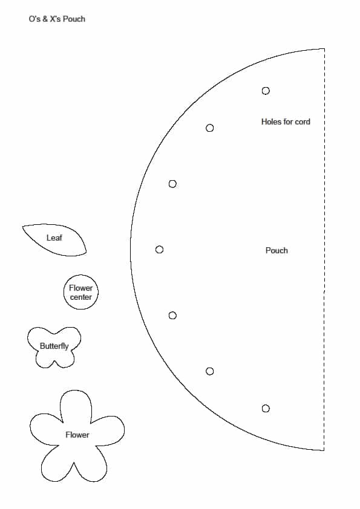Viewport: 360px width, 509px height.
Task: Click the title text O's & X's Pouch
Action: [x=57, y=19]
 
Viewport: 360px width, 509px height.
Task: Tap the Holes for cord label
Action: [x=286, y=122]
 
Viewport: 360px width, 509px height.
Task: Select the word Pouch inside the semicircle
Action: [x=277, y=250]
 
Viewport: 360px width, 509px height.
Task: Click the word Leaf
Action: [x=54, y=238]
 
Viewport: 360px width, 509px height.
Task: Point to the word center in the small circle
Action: [x=81, y=297]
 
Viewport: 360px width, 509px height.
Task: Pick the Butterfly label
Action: [x=54, y=346]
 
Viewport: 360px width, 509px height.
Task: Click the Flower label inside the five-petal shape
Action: [x=77, y=435]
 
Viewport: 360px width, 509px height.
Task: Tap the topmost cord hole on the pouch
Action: [x=266, y=91]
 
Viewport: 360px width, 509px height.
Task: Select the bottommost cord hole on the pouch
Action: [x=266, y=409]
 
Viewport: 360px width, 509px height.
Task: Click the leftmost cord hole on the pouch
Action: [x=159, y=250]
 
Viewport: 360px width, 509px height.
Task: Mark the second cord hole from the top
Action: [x=209, y=128]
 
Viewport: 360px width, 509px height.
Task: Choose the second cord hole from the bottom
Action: [x=209, y=371]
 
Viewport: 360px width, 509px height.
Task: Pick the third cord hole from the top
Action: [x=172, y=184]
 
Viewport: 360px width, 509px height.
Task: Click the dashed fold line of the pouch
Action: [x=324, y=250]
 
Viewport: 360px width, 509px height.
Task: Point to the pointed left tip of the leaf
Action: [x=22, y=227]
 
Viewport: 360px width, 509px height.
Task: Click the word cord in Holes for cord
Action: [x=303, y=122]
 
